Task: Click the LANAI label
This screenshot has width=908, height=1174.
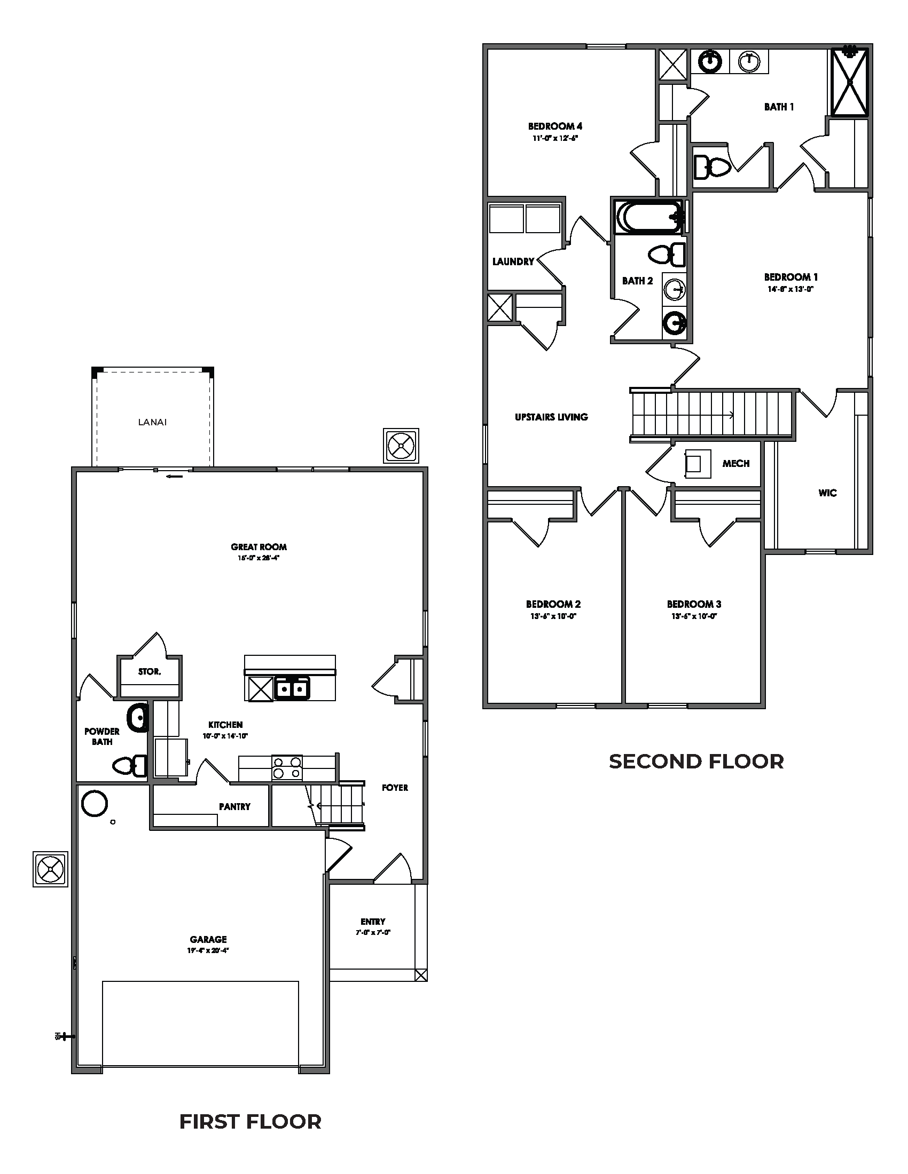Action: click(152, 423)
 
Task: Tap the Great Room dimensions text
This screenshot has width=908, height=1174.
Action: click(259, 558)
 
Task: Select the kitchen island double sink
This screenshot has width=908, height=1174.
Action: click(292, 688)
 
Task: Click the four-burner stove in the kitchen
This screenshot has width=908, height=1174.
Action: click(286, 767)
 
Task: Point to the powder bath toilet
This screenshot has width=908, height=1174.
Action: click(130, 765)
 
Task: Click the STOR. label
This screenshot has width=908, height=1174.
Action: click(149, 671)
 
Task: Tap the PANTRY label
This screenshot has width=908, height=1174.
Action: click(234, 806)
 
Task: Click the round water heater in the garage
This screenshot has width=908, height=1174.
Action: click(95, 803)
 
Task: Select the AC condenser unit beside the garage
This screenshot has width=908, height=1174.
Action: click(51, 869)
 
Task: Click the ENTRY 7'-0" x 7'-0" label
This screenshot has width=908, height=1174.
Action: click(373, 927)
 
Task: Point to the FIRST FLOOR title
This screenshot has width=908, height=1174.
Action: click(250, 1122)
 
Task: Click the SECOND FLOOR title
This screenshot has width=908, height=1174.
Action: click(696, 761)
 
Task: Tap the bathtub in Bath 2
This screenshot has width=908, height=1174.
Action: click(647, 217)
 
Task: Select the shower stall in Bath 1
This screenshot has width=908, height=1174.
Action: click(849, 82)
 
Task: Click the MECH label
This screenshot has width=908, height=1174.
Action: click(735, 463)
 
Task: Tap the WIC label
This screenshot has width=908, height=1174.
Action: click(827, 493)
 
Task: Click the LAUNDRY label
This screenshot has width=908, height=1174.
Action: click(513, 262)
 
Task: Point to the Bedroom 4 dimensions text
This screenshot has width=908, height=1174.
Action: click(554, 138)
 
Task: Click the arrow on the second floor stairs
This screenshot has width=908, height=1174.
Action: click(732, 415)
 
